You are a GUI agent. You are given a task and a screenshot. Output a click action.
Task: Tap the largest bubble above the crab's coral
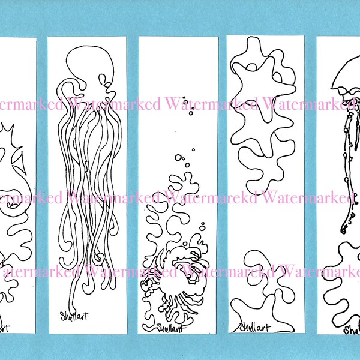click(x=178, y=158)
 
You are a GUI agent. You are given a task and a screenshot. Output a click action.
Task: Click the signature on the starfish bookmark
click(x=256, y=326)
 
